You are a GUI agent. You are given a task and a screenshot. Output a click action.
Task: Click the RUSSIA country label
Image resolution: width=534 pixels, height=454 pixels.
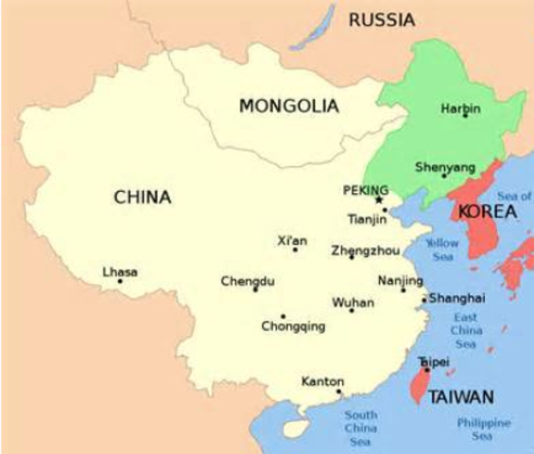point(382,18)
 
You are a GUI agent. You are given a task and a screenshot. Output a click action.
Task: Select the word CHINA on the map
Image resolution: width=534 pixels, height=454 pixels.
point(143,198)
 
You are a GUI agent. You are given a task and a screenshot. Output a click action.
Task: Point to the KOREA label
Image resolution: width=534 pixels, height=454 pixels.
point(488,212)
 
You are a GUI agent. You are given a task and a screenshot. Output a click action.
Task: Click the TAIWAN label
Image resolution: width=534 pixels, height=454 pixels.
point(461,396)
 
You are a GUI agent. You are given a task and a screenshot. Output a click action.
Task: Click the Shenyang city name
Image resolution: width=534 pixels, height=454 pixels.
point(444,168)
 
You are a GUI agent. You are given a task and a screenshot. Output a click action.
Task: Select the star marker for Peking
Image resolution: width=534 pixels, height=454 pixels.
point(380,200)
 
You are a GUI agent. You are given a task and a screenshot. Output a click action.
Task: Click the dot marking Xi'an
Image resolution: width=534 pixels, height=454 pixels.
point(295,250)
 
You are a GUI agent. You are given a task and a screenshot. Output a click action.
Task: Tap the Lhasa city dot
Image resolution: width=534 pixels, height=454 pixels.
point(120,281)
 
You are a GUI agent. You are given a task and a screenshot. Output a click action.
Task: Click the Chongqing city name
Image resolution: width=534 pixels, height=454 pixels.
point(293,327)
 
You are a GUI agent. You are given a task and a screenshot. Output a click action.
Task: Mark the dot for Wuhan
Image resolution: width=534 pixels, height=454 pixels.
point(352,310)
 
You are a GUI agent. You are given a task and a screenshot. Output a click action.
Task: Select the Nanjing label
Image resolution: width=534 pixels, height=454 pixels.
point(393,280)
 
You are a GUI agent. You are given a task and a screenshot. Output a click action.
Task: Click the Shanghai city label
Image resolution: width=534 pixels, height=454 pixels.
point(456,298)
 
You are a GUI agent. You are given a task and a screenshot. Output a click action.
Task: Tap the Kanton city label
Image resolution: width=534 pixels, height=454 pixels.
point(321,381)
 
